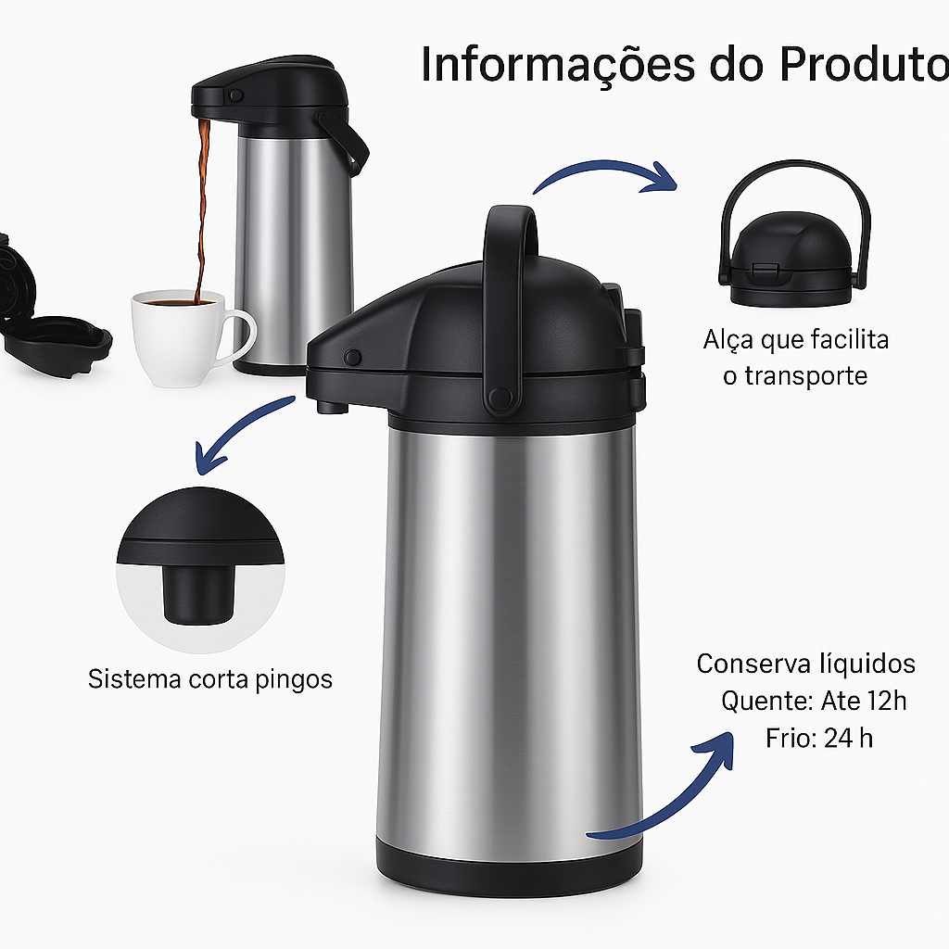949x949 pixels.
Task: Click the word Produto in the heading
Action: click(865, 63)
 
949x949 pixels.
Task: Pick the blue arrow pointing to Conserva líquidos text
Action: click(672, 798)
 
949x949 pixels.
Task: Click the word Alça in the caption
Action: click(728, 340)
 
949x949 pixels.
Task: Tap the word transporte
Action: click(805, 376)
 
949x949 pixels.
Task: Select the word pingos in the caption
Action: click(294, 679)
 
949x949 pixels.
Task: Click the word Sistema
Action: click(135, 678)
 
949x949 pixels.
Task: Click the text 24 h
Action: click(849, 739)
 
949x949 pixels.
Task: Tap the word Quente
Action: click(766, 702)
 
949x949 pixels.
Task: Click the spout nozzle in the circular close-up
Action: click(198, 594)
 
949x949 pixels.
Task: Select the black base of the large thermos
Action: click(509, 867)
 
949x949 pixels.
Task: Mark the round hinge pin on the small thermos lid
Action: click(236, 95)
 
